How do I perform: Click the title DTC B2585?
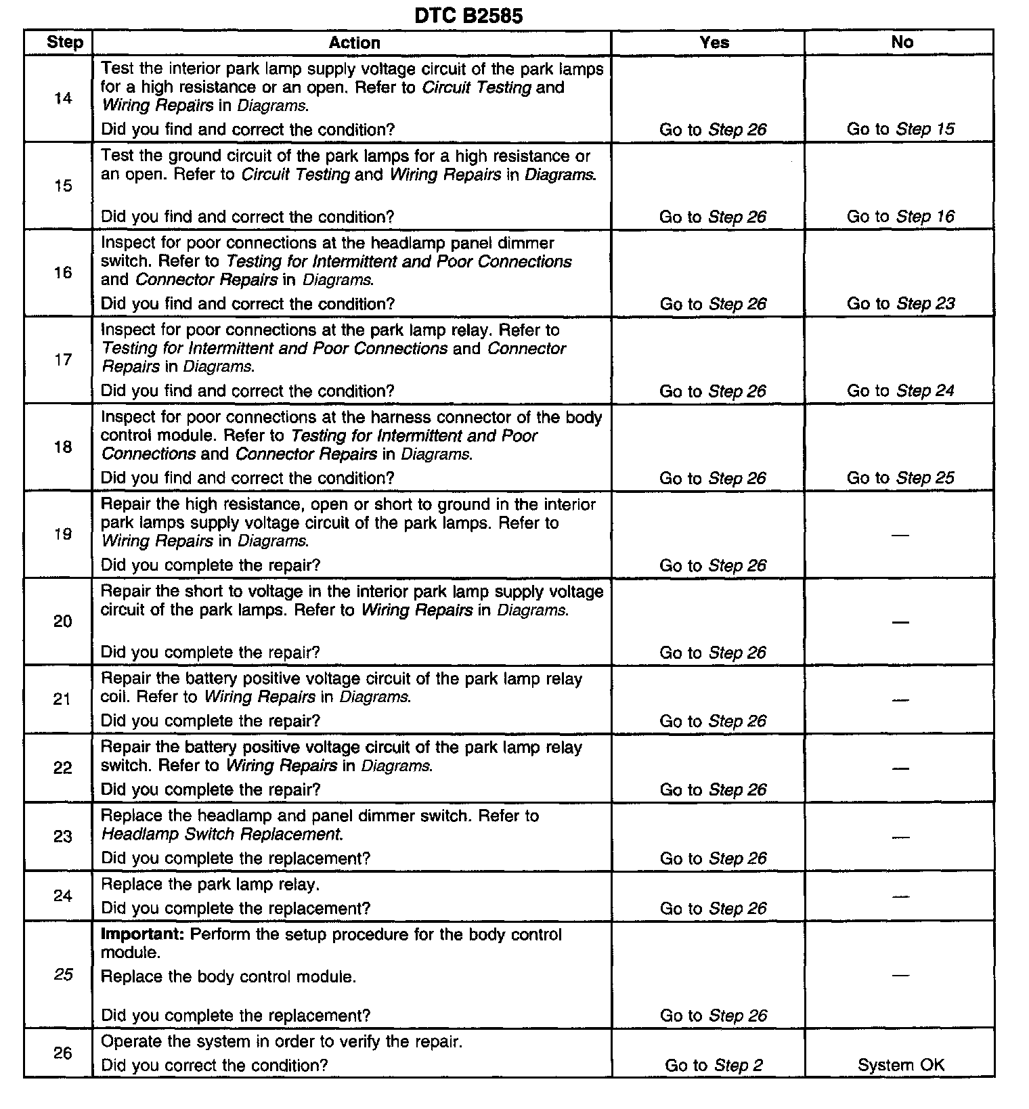[468, 16]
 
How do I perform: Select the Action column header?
[354, 43]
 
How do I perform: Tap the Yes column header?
[714, 43]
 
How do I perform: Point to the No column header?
[902, 43]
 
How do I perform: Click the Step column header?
[64, 43]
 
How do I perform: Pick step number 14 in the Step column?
[63, 99]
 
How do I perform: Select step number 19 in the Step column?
[63, 534]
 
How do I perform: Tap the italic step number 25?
[63, 974]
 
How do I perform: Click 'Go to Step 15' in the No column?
[900, 129]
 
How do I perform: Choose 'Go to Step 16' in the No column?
[900, 217]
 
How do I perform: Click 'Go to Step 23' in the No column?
[900, 303]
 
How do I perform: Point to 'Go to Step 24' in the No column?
[900, 391]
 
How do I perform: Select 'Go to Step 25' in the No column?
[900, 478]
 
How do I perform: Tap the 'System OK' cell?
[900, 1065]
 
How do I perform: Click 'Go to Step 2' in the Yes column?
[714, 1066]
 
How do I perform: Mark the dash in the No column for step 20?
[900, 622]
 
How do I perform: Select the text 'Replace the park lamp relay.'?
[210, 885]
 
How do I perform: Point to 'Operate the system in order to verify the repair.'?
[282, 1042]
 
